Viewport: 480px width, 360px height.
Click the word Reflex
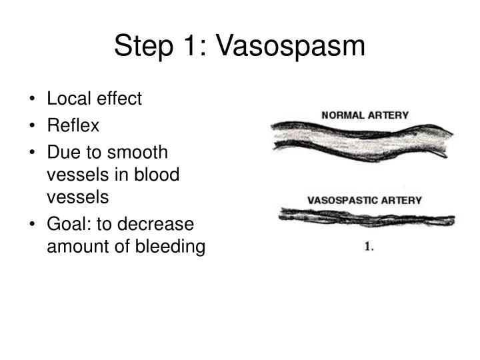[x=72, y=125]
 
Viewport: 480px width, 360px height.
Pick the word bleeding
[x=173, y=247]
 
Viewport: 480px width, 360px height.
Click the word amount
[x=74, y=247]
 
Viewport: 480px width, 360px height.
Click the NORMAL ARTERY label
[x=365, y=115]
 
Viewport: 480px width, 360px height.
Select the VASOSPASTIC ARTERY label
[x=364, y=199]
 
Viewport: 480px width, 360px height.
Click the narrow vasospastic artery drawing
[x=367, y=217]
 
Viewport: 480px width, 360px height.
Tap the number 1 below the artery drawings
[x=367, y=247]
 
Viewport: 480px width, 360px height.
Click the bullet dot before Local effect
[x=33, y=100]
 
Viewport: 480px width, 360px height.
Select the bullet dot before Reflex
[x=33, y=126]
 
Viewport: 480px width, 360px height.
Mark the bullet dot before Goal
[x=33, y=224]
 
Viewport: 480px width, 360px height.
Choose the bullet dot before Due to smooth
[x=33, y=153]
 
